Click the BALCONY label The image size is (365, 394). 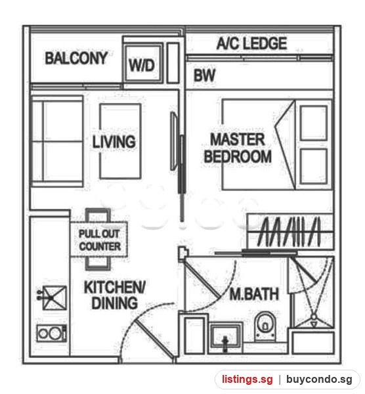pyautogui.click(x=76, y=58)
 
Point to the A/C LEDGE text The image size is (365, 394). pyautogui.click(x=251, y=43)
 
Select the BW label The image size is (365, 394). pyautogui.click(x=204, y=75)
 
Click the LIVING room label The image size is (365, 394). pyautogui.click(x=114, y=142)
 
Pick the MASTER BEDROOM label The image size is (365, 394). pyautogui.click(x=238, y=148)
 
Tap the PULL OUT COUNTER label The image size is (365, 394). pyautogui.click(x=100, y=240)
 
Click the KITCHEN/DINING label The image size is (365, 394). pyautogui.click(x=114, y=295)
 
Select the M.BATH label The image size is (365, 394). pyautogui.click(x=254, y=294)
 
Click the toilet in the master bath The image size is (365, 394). pyautogui.click(x=265, y=326)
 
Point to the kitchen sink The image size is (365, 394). pyautogui.click(x=54, y=297)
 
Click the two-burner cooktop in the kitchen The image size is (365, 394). pyautogui.click(x=52, y=333)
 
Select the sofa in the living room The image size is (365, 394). pyautogui.click(x=56, y=141)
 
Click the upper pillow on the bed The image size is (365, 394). pyautogui.click(x=314, y=123)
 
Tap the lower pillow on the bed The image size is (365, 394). pyautogui.click(x=314, y=166)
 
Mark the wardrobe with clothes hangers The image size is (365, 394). pyautogui.click(x=290, y=232)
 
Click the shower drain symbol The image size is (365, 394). pyautogui.click(x=314, y=317)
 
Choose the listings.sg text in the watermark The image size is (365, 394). pyautogui.click(x=247, y=379)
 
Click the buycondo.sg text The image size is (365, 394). pyautogui.click(x=319, y=379)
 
